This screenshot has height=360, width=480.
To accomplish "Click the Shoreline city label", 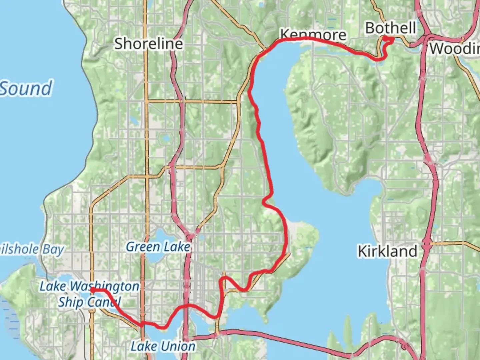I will (x=149, y=44).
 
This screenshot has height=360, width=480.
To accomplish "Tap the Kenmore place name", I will (x=313, y=34).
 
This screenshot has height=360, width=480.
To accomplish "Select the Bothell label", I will (x=390, y=28).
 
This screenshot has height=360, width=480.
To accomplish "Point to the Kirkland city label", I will (x=387, y=251).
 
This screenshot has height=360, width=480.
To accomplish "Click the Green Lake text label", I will (x=158, y=247).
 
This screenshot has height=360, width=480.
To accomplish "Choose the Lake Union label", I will (x=163, y=346).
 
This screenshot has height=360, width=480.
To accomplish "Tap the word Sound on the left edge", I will (x=26, y=88).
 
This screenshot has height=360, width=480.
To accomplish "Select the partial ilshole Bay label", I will (x=32, y=249).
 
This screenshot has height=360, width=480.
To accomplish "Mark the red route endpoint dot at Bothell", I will (x=385, y=39).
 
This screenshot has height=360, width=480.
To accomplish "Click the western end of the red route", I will (x=92, y=290).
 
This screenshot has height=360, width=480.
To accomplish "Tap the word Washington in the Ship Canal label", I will (x=105, y=286).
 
